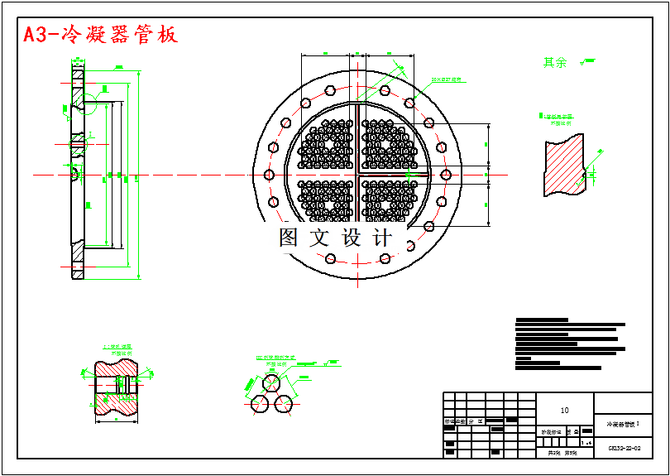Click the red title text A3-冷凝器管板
pyautogui.click(x=100, y=35)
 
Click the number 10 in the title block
pyautogui.click(x=565, y=410)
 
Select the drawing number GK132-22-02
pyautogui.click(x=625, y=448)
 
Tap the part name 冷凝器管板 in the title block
pyautogui.click(x=623, y=423)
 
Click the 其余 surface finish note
pyautogui.click(x=555, y=62)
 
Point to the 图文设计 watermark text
pyautogui.click(x=335, y=238)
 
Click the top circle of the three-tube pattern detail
pyautogui.click(x=272, y=383)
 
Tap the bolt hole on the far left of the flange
pyautogui.click(x=266, y=174)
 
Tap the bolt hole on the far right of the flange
pyautogui.click(x=447, y=174)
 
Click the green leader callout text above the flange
pyautogui.click(x=446, y=80)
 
